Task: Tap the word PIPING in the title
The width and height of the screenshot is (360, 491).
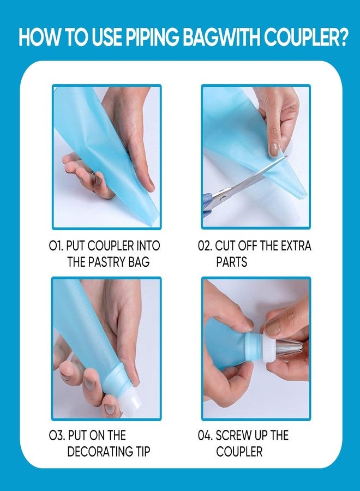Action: (152, 38)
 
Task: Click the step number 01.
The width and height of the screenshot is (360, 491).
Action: (56, 246)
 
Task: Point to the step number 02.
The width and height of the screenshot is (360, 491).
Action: (205, 246)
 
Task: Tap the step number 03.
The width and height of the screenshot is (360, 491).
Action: (57, 435)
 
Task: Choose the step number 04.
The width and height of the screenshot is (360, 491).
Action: (205, 435)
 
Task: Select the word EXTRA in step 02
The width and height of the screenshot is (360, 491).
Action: (296, 246)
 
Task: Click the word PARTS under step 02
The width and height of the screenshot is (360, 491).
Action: (232, 262)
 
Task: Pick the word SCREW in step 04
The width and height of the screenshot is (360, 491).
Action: (233, 435)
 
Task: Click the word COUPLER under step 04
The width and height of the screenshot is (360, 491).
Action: (239, 452)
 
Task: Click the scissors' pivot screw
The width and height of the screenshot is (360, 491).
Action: (223, 197)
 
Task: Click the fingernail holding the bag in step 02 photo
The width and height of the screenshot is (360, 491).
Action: (274, 149)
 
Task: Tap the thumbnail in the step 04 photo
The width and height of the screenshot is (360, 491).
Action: (272, 327)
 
